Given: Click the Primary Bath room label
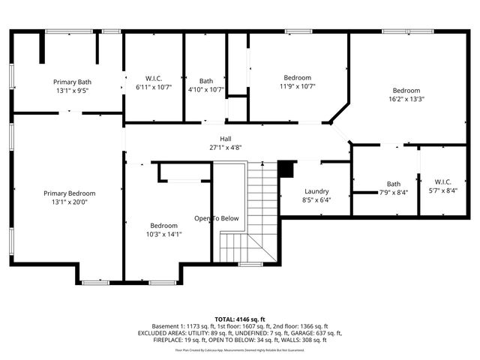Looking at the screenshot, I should [72, 82].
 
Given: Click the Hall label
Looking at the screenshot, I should [225, 139].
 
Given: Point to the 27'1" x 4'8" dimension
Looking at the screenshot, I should [225, 148].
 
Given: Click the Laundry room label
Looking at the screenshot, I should [316, 191].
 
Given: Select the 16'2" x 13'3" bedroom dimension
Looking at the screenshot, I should [406, 98].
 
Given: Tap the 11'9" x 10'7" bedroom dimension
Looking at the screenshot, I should [298, 85].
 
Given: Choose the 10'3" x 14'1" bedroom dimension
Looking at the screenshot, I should [163, 233].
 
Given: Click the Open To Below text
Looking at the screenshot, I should [217, 218].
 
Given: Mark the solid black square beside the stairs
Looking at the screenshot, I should [285, 169].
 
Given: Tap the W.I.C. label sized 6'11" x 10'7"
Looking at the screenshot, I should [154, 79].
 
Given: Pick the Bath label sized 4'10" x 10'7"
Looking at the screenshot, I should [206, 81].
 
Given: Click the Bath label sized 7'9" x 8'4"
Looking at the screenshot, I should [394, 184].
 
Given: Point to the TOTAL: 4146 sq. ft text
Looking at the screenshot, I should [240, 319].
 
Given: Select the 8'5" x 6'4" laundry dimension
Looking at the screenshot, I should [316, 199].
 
